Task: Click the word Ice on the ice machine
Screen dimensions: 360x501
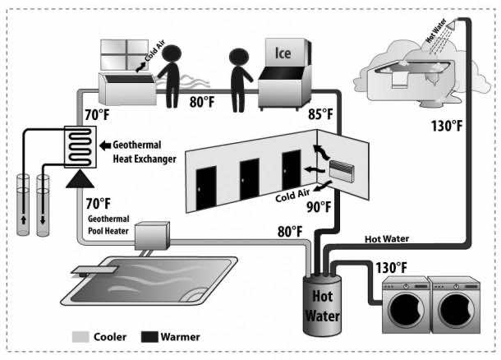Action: tap(283, 53)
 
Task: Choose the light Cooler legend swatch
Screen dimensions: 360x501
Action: tap(79, 336)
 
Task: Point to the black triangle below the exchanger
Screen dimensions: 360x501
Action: tap(78, 178)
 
